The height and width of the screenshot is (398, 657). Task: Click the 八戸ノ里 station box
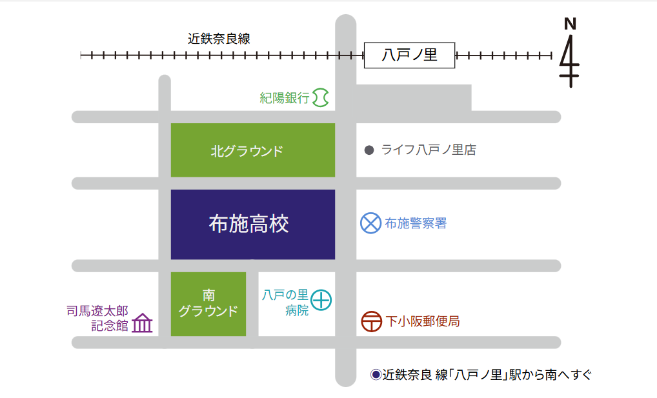pyautogui.click(x=409, y=55)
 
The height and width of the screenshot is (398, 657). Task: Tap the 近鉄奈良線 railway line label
pyautogui.click(x=219, y=39)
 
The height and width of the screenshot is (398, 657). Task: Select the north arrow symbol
pyautogui.click(x=569, y=61)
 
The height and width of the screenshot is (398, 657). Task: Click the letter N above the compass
pyautogui.click(x=571, y=24)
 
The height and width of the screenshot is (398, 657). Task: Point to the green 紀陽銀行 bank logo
pyautogui.click(x=321, y=97)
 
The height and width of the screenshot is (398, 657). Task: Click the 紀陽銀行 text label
pyautogui.click(x=285, y=98)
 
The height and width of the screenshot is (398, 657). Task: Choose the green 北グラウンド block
pyautogui.click(x=252, y=150)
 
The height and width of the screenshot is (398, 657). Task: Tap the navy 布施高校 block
pyautogui.click(x=252, y=224)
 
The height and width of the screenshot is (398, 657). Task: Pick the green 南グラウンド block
pyautogui.click(x=208, y=304)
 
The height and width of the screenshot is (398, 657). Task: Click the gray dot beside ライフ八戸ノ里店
pyautogui.click(x=369, y=150)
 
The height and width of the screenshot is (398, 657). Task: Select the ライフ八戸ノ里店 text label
pyautogui.click(x=429, y=150)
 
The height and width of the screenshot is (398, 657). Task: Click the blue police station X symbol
pyautogui.click(x=371, y=223)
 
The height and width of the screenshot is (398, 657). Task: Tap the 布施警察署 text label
pyautogui.click(x=416, y=223)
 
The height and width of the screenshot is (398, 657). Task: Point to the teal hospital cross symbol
pyautogui.click(x=321, y=300)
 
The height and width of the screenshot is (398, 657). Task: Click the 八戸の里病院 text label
pyautogui.click(x=285, y=303)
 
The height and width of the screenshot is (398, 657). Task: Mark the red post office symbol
pyautogui.click(x=372, y=322)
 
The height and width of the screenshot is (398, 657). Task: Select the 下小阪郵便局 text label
pyautogui.click(x=423, y=321)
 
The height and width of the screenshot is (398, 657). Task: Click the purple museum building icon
pyautogui.click(x=142, y=323)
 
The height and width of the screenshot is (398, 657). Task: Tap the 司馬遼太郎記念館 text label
pyautogui.click(x=97, y=318)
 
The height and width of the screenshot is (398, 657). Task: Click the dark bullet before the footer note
pyautogui.click(x=376, y=375)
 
